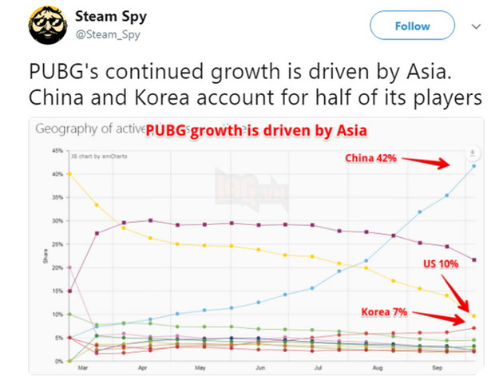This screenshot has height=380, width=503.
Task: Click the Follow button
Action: pyautogui.click(x=412, y=26)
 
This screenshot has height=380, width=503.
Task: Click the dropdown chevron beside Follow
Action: pyautogui.click(x=477, y=26)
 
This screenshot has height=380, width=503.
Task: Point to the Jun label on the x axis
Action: pyautogui.click(x=259, y=369)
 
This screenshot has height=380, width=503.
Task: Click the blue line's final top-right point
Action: pyautogui.click(x=474, y=166)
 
